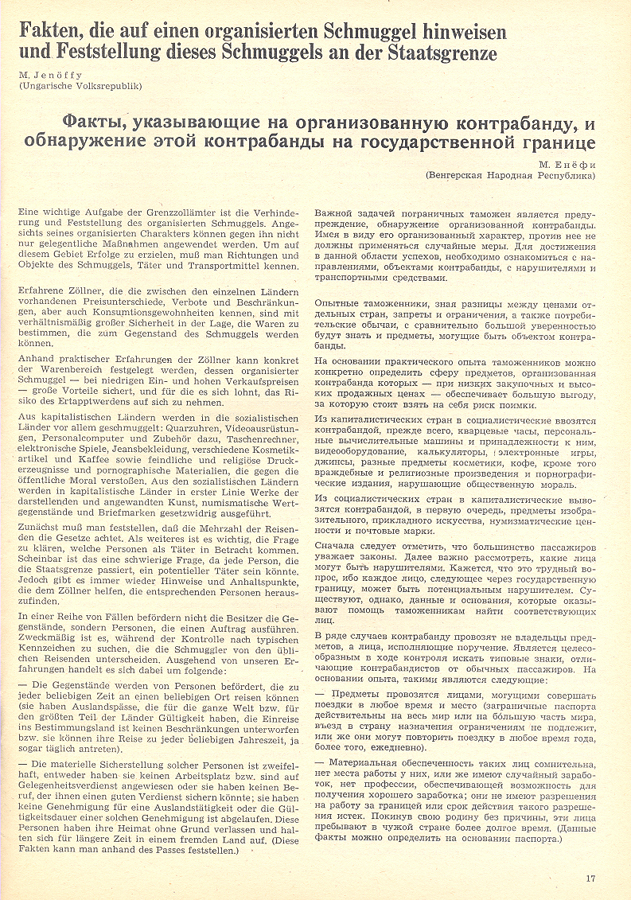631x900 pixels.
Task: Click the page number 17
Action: (590, 879)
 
